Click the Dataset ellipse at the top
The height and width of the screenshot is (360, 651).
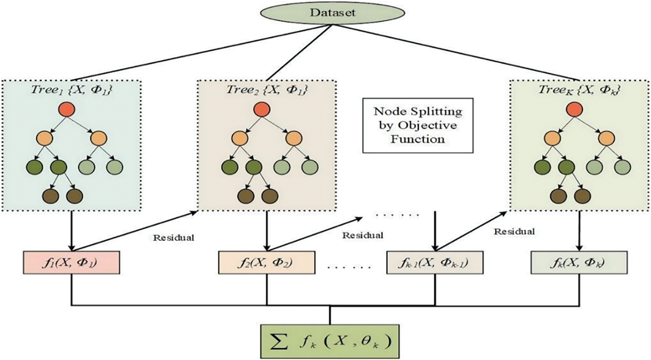[x=332, y=12]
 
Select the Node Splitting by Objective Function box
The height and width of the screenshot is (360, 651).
[x=418, y=125]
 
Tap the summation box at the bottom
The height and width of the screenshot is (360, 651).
[x=330, y=341]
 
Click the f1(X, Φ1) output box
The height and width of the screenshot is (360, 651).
[x=72, y=262]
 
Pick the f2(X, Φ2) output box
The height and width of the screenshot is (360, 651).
[x=267, y=262]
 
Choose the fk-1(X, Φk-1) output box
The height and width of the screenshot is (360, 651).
[x=435, y=262]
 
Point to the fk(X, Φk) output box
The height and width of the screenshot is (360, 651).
[x=579, y=262]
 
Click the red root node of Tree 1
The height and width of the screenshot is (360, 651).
[x=67, y=110]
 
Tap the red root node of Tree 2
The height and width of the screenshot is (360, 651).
[x=262, y=110]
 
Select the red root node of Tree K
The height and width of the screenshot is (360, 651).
[x=575, y=110]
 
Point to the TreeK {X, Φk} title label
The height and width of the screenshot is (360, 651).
[x=579, y=90]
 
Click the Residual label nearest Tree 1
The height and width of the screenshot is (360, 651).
[x=174, y=238]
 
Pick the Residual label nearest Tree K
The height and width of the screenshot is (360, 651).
[x=514, y=232]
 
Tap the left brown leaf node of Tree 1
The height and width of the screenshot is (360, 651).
[x=50, y=196]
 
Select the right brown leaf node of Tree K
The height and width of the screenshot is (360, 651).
[x=582, y=196]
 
